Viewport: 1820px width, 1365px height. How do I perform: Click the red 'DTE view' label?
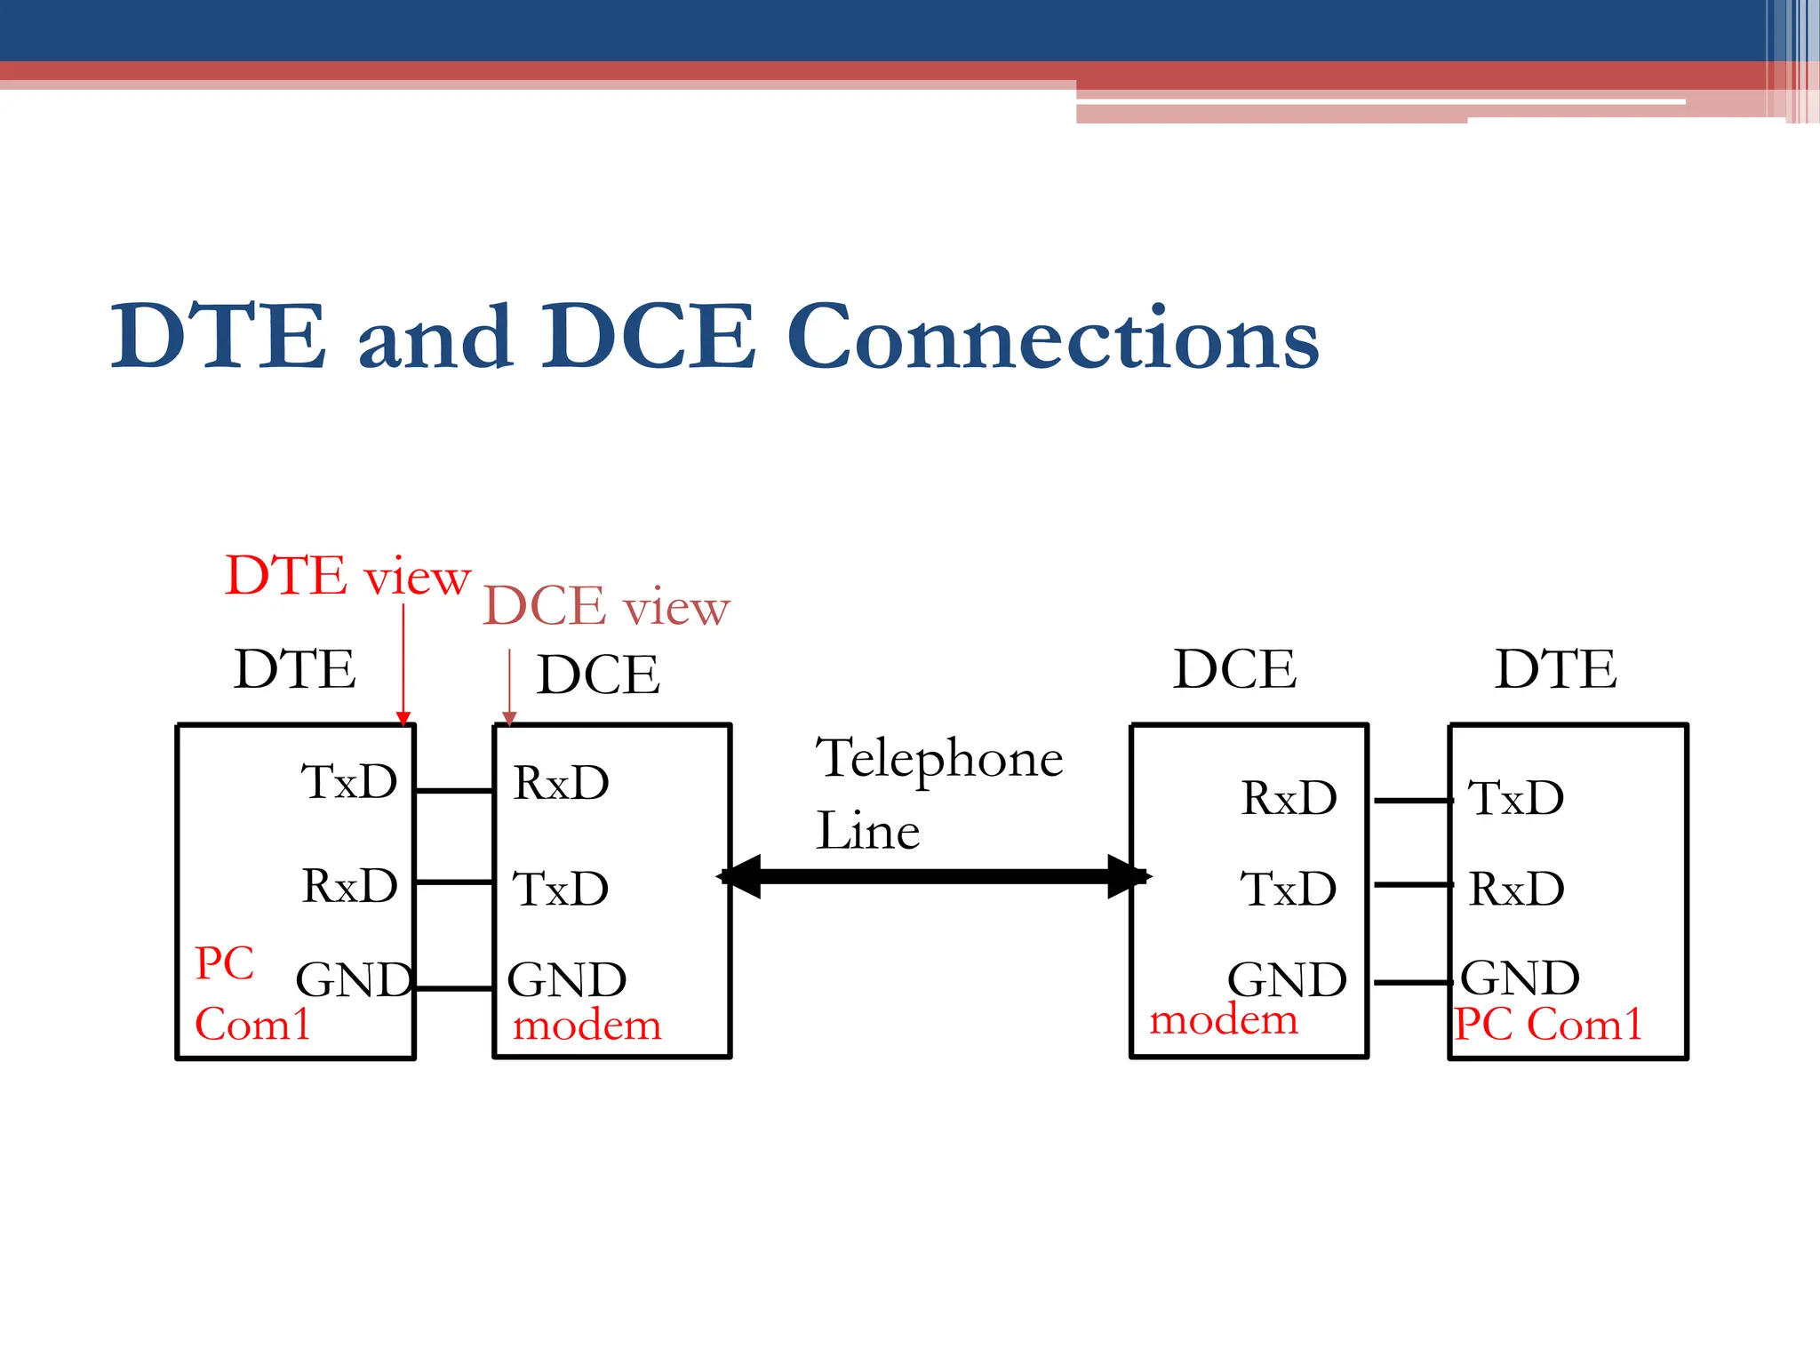tap(347, 576)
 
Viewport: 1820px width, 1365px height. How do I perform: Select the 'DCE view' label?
tap(605, 607)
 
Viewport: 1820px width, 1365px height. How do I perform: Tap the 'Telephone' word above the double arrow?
tap(938, 759)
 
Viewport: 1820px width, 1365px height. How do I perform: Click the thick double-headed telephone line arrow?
tap(933, 876)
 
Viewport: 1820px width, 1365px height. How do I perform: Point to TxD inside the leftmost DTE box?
tap(348, 782)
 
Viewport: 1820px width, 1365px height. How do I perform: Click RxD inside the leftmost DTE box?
tap(349, 885)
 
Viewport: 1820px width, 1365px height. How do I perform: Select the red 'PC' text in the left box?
tap(224, 963)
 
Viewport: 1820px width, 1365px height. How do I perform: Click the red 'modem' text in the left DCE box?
tap(587, 1026)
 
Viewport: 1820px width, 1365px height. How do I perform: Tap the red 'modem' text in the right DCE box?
tap(1223, 1019)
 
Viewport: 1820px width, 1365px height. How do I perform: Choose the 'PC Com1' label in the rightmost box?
tap(1547, 1024)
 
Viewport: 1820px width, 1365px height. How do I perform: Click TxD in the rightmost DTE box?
tap(1515, 798)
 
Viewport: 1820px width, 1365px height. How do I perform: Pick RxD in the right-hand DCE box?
tap(1288, 798)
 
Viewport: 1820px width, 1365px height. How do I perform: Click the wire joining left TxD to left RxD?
tap(454, 790)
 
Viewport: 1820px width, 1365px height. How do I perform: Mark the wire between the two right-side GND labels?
tap(1413, 982)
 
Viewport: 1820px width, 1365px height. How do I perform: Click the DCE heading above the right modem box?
tap(1233, 669)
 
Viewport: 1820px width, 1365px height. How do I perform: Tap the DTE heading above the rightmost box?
tap(1555, 669)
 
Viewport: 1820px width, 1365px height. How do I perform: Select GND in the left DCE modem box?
tap(566, 980)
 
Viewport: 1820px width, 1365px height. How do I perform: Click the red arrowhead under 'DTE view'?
tap(403, 718)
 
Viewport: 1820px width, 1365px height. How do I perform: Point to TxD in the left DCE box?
tap(560, 889)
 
